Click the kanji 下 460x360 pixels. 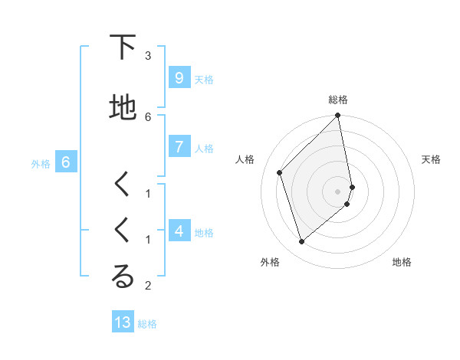point(123,47)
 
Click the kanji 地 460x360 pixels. point(123,108)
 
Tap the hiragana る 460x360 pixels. point(123,277)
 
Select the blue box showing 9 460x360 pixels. point(179,78)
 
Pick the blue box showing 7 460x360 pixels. point(179,147)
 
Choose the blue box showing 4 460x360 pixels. point(179,231)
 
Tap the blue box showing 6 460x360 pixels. point(66,162)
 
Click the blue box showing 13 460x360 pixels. point(123,322)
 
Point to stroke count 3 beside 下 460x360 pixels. point(148,55)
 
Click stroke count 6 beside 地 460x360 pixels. point(148,116)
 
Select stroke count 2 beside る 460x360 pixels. point(148,286)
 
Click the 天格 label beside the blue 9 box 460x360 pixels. point(204,79)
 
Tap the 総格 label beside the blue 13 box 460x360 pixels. point(147,324)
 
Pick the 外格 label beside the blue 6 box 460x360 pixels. point(41,163)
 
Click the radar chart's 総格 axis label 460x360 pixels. point(338,100)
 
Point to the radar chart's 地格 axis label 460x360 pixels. point(402,262)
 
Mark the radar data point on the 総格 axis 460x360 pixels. point(338,116)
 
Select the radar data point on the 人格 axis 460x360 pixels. point(280,172)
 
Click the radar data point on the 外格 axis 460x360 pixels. point(301,241)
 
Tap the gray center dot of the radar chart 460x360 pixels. point(338,191)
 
